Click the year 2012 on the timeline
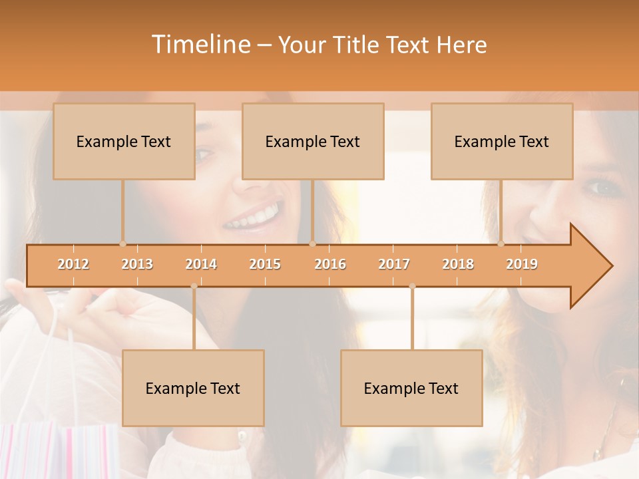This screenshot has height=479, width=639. pos(73,264)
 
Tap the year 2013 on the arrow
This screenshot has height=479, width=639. pos(137,264)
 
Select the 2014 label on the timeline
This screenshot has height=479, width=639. pos(201,264)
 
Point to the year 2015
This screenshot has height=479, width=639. pos(265,264)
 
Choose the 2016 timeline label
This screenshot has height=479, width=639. pos(330,264)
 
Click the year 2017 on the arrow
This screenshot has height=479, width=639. pos(394,264)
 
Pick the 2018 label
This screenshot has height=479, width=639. pos(458,264)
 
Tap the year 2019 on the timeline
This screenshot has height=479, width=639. pos(522,264)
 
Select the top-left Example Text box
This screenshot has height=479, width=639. pos(124,141)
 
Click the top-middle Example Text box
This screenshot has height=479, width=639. pos(313,141)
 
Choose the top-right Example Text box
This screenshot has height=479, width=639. pos(502,141)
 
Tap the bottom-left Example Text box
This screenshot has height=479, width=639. pos(193,388)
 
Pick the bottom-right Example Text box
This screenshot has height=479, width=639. pos(411,388)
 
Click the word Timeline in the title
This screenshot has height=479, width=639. pos(200,45)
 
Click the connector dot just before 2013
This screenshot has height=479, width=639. pos(122,244)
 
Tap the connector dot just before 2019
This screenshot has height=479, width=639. pos(501,244)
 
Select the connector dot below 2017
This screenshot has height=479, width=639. pos(412,286)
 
